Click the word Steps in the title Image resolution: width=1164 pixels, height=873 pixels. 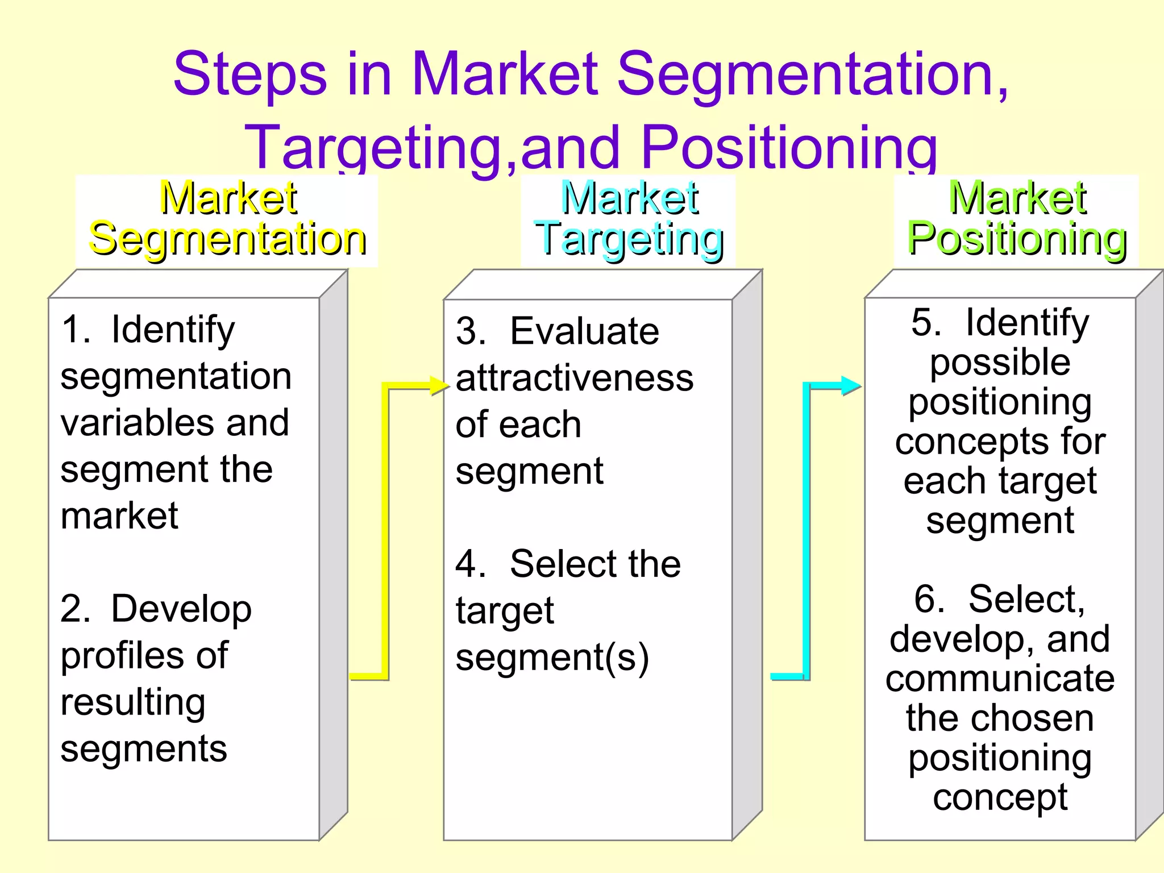250,74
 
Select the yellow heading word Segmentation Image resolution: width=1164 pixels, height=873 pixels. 227,239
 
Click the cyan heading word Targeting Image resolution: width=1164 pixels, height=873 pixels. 629,239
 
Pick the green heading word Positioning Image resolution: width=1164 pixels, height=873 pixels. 1017,239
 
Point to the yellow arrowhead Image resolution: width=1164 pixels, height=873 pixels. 440,386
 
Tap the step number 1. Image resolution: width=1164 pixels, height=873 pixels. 74,330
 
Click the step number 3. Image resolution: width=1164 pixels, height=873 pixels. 469,331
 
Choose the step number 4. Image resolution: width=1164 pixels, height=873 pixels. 469,564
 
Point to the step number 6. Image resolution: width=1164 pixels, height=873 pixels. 929,599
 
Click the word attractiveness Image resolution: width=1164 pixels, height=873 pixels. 575,379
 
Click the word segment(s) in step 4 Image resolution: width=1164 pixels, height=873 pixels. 552,658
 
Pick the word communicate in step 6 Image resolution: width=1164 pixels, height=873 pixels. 1000,679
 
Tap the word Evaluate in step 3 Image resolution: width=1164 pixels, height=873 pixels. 584,331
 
